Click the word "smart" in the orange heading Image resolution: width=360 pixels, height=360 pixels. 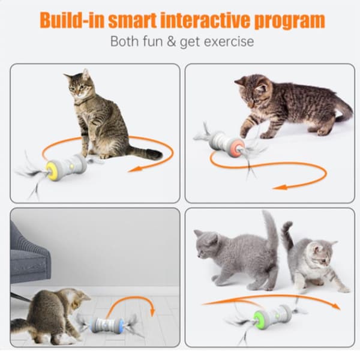[x=132, y=20]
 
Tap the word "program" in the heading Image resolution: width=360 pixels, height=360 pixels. [x=290, y=21]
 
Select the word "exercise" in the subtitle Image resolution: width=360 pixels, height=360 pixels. [x=229, y=41]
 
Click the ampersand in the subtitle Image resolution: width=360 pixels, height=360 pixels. [x=171, y=41]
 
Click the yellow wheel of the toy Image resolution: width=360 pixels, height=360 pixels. [x=53, y=170]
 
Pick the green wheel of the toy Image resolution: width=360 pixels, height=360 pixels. [x=260, y=318]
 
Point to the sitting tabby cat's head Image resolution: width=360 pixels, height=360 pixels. [x=79, y=85]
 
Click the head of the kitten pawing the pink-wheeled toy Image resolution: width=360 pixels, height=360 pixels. [x=252, y=91]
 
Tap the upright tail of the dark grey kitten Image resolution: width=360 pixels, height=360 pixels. [x=272, y=232]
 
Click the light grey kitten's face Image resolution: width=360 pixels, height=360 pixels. [x=321, y=257]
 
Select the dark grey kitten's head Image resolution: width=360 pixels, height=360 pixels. [x=206, y=244]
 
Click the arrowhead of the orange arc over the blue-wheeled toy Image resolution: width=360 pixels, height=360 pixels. [x=152, y=312]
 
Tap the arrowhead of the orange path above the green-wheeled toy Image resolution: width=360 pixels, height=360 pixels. [x=336, y=306]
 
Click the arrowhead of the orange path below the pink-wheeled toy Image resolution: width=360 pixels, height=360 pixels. [x=280, y=187]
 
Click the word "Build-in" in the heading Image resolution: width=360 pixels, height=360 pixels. [x=71, y=20]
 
